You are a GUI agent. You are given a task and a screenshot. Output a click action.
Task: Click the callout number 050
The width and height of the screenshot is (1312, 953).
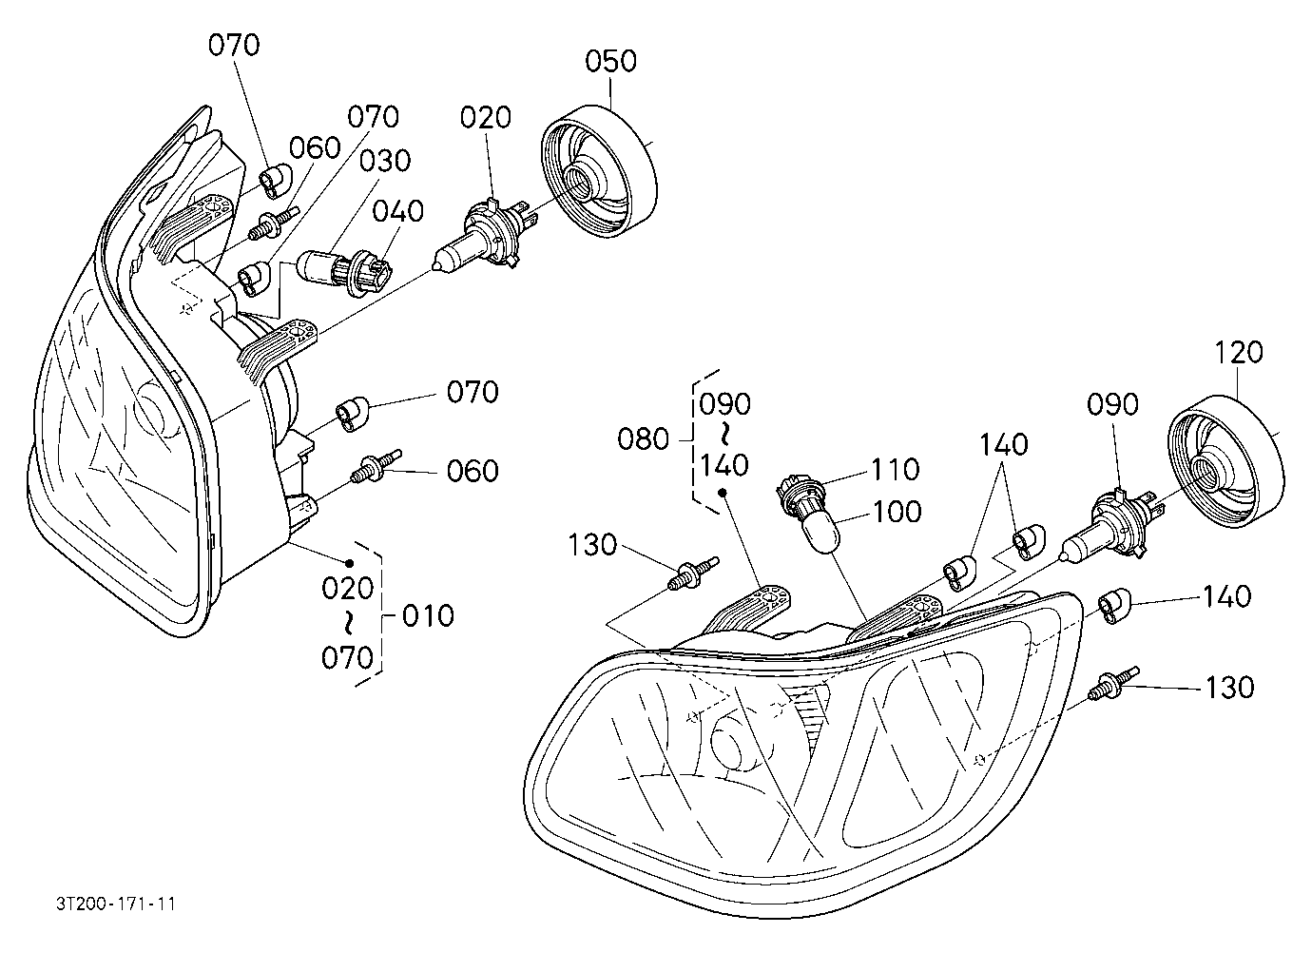click(610, 61)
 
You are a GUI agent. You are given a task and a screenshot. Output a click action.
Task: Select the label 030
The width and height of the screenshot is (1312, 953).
click(385, 161)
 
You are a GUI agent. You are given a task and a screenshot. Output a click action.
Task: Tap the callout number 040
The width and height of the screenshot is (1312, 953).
click(397, 211)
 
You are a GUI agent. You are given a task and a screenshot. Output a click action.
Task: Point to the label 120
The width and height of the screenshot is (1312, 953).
click(1238, 352)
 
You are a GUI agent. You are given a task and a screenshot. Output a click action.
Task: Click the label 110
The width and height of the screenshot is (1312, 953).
click(896, 469)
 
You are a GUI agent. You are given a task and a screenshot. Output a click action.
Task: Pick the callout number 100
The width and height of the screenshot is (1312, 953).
click(897, 511)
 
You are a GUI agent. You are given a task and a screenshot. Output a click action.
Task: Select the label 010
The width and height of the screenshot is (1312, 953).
click(428, 616)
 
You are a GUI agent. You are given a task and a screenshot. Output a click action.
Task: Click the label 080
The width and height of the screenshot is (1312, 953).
click(643, 439)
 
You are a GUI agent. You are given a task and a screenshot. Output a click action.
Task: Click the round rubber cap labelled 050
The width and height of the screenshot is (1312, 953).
click(598, 171)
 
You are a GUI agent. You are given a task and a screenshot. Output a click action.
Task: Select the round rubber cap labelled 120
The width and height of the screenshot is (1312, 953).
click(1226, 461)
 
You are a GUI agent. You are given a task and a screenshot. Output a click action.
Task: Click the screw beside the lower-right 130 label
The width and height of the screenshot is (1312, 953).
click(1113, 683)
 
